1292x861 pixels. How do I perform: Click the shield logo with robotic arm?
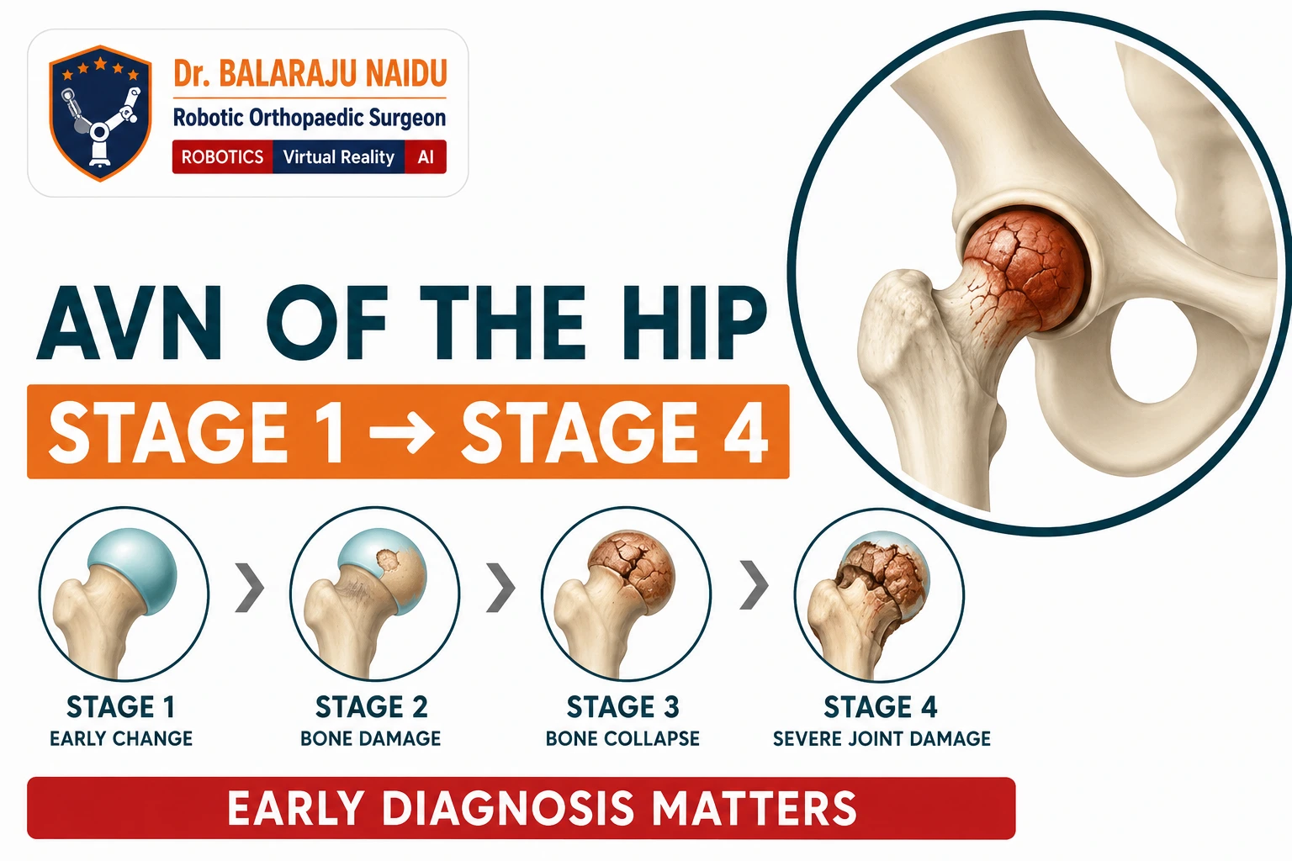coord(100,113)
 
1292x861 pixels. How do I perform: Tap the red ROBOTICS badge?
coord(223,157)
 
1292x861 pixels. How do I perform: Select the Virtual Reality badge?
coord(339,157)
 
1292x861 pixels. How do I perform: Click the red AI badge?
coord(426,157)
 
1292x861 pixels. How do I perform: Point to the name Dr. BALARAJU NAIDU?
coord(310,73)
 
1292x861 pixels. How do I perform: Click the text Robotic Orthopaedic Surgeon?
coord(310,118)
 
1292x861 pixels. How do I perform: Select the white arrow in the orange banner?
coord(402,431)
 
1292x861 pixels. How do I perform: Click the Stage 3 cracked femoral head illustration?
coord(626,594)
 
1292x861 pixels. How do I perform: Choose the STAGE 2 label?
coord(372,707)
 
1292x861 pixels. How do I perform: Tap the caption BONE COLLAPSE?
coord(623,739)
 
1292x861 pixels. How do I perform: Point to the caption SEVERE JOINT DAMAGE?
coord(882,739)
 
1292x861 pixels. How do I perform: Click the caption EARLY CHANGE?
coord(121,739)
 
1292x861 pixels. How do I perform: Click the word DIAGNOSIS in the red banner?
coord(508,808)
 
